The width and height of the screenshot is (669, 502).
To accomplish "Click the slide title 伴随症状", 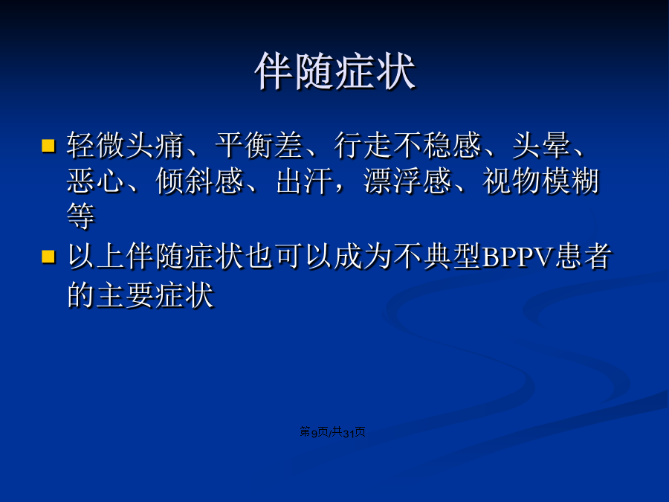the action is pos(335,71).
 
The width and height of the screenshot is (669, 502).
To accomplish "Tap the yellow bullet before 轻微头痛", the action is pos(48,146).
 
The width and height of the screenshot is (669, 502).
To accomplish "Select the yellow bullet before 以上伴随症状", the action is pos(48,257).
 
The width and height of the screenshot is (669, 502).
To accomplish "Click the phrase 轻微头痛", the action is pos(126,145).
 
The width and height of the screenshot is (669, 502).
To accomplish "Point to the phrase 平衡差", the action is pos(259,145).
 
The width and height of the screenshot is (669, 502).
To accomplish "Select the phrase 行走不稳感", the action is pos(408,145).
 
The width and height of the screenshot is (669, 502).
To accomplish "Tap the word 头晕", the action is pos(541,145).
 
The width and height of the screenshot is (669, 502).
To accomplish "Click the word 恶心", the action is pos(96,181).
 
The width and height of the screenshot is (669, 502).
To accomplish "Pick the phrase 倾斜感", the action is pos(200,181).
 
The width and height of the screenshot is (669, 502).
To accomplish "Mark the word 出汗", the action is pos(305,181).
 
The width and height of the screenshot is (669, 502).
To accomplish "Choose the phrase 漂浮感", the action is pos(407,181).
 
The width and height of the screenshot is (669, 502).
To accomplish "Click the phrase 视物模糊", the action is pos(541,181).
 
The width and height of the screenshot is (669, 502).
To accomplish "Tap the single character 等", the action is pos(81,216).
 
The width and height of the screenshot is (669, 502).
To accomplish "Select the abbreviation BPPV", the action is pos(517,257).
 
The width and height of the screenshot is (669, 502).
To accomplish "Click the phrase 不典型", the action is pos(438,256).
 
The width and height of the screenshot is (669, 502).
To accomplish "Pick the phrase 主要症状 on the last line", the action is pos(155,295).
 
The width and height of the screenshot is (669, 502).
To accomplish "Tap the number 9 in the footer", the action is pos(314,433).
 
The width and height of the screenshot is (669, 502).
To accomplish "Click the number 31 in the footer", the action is pos(349,433).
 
